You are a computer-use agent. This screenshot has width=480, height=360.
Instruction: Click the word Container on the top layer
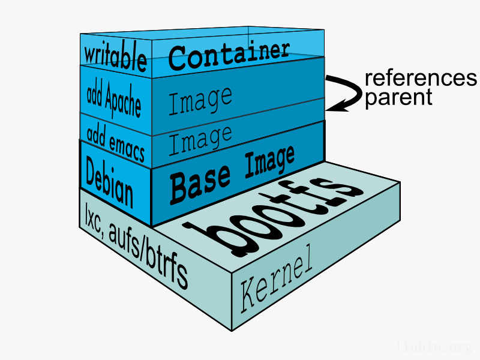click(230, 55)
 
